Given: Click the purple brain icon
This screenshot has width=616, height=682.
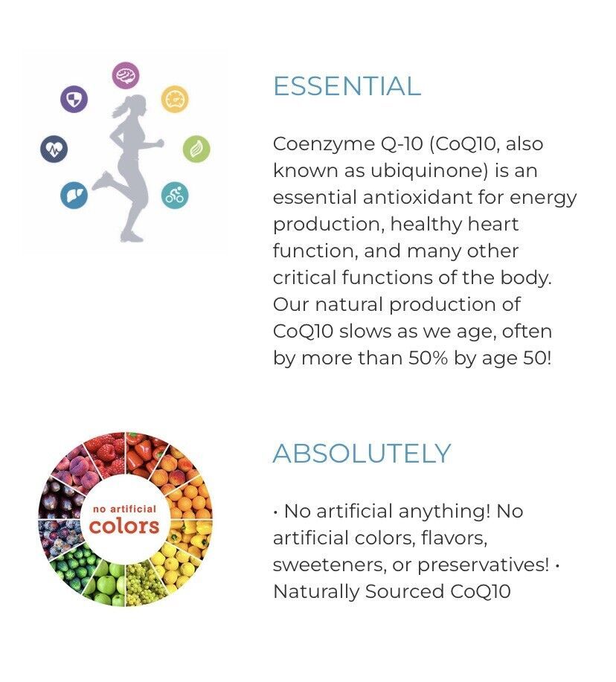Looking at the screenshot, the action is tap(126, 76).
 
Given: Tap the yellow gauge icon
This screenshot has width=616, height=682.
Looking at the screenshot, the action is tap(175, 99).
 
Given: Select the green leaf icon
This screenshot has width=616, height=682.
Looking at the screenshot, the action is tap(196, 149).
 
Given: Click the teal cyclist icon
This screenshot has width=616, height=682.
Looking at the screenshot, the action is tap(175, 196).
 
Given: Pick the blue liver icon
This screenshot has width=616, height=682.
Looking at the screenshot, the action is tap(74, 196).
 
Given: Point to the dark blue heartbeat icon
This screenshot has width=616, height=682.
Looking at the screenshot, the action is tap(54, 149).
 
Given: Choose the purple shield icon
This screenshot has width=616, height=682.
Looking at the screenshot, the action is tap(74, 99).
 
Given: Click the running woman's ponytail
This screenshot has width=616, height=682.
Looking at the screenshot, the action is tap(119, 108).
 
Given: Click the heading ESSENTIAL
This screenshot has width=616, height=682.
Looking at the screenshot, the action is tap(347, 86).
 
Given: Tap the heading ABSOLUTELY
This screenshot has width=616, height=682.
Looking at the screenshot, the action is tap(362, 453).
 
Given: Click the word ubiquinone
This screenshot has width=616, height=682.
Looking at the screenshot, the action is tap(429, 170).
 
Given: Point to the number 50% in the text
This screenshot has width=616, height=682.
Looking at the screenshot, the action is tap(428, 358).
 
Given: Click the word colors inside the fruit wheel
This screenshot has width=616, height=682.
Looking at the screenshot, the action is tap(124, 527).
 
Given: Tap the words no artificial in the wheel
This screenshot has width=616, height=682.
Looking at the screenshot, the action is tap(124, 509).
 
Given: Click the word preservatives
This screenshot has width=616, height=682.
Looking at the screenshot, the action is tap(483, 565).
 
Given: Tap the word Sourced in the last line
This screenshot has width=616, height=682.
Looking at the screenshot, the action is tap(405, 591).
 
